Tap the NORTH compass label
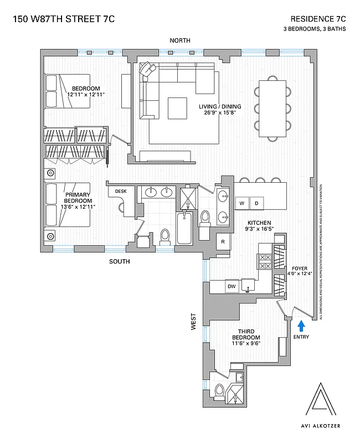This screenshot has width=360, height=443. [x=180, y=40]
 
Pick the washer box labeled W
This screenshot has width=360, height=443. [x=242, y=203]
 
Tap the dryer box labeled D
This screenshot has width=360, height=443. [x=256, y=203]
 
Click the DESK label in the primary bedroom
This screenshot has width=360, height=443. [x=120, y=192]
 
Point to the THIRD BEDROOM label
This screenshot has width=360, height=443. [x=246, y=334]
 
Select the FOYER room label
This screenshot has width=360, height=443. [x=300, y=268]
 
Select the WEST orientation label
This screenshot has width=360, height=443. [x=194, y=322]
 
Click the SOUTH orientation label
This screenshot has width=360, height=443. [x=119, y=261]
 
